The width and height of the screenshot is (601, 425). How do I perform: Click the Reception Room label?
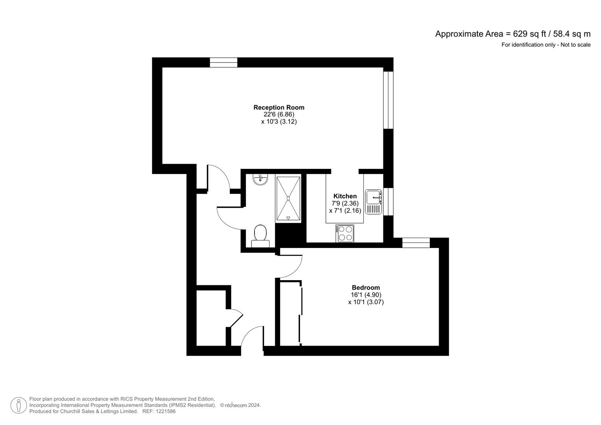[279, 107]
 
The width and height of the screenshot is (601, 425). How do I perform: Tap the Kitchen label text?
[345, 196]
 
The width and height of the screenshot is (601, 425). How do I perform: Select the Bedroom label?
[366, 288]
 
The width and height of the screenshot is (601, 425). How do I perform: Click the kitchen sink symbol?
[374, 201]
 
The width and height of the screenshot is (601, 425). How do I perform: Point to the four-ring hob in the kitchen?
[345, 233]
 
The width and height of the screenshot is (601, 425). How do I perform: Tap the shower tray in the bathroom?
[288, 199]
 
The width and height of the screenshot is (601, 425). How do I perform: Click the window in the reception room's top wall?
[224, 63]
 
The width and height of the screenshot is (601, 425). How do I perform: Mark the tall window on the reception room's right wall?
[388, 100]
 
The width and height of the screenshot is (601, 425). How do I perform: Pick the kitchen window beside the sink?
[388, 201]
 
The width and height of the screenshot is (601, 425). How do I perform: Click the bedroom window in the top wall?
[416, 243]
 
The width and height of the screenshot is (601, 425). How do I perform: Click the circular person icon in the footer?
[18, 405]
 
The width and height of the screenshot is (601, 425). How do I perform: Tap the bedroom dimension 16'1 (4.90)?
[366, 295]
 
